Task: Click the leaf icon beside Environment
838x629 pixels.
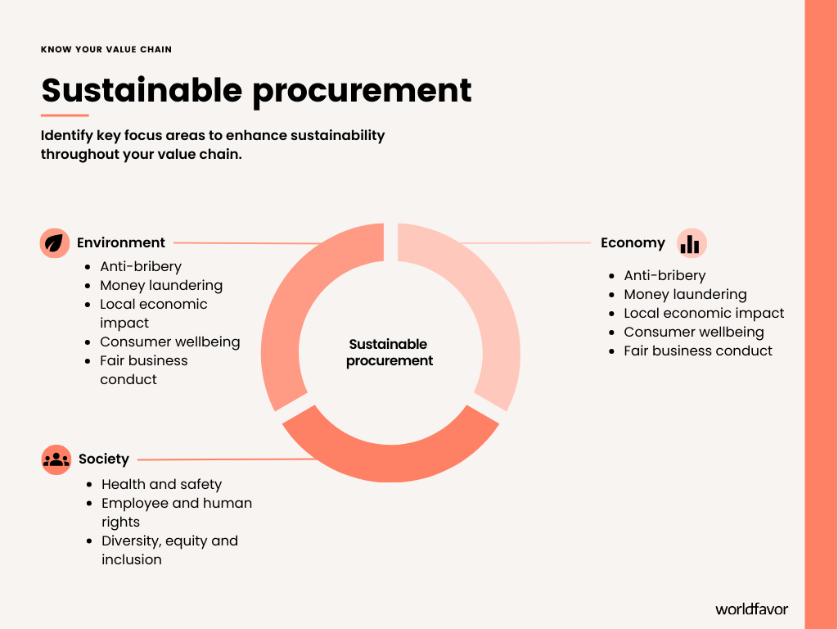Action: pos(54,243)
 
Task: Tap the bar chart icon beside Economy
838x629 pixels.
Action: pos(691,243)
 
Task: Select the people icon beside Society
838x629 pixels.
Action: pos(56,459)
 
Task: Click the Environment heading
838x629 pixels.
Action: pos(121,242)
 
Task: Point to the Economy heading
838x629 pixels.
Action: pos(633,242)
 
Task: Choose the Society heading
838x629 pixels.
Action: pos(104,459)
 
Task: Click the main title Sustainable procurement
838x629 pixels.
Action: pos(256,89)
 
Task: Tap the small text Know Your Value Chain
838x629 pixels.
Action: pos(106,49)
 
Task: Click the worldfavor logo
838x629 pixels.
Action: pos(751,609)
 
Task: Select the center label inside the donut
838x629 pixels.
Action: pos(390,352)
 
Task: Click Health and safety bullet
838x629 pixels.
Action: pos(161,484)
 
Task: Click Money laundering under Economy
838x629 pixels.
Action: pos(685,294)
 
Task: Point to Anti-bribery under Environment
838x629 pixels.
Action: pos(141,266)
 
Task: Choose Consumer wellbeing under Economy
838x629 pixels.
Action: pos(693,332)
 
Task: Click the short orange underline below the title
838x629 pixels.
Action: pos(65,115)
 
